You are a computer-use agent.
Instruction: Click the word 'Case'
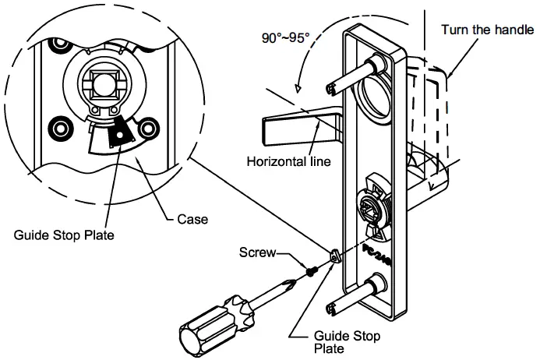coord(192,220)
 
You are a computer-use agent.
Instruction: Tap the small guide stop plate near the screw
coord(335,256)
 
